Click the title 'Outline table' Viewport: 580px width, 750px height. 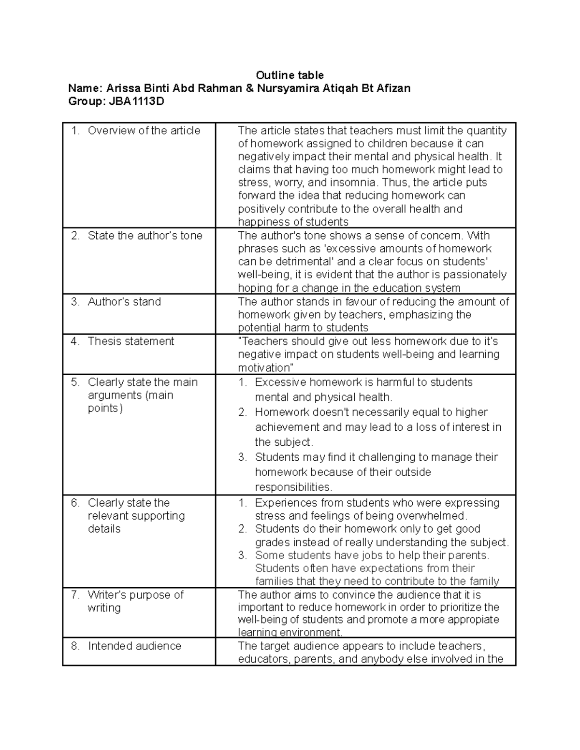[290, 75]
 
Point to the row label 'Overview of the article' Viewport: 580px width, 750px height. [144, 130]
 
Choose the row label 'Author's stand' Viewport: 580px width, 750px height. [124, 301]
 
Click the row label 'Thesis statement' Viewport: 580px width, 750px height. [130, 341]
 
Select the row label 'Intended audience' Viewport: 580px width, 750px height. [134, 646]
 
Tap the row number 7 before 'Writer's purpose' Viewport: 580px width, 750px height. [74, 594]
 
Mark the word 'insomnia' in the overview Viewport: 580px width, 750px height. [357, 183]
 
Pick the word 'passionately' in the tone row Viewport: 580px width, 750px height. [475, 275]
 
